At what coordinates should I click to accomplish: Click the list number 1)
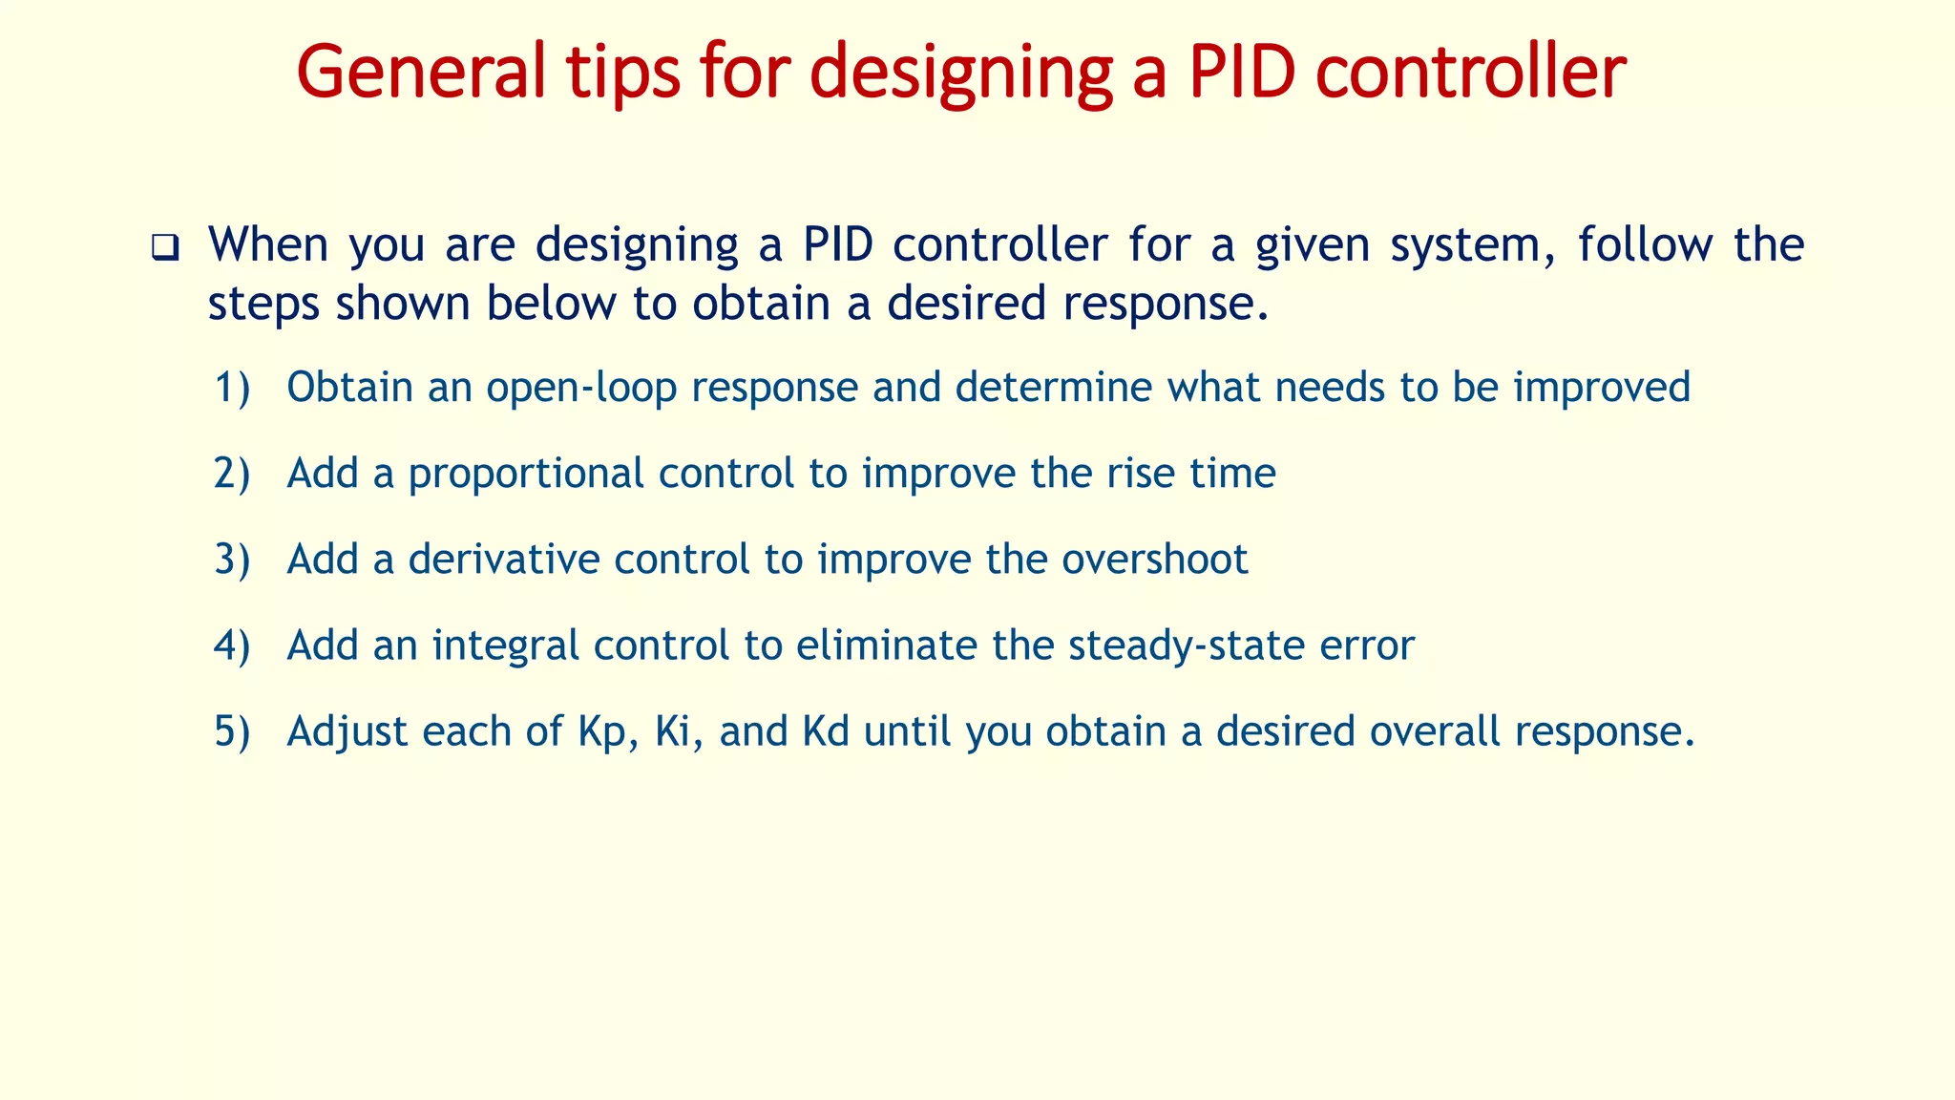tap(232, 388)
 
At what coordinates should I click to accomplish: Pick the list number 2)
tap(232, 474)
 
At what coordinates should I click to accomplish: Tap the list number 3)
tap(232, 560)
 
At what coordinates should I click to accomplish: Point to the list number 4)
tap(232, 645)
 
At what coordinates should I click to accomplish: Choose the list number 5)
tap(232, 731)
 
